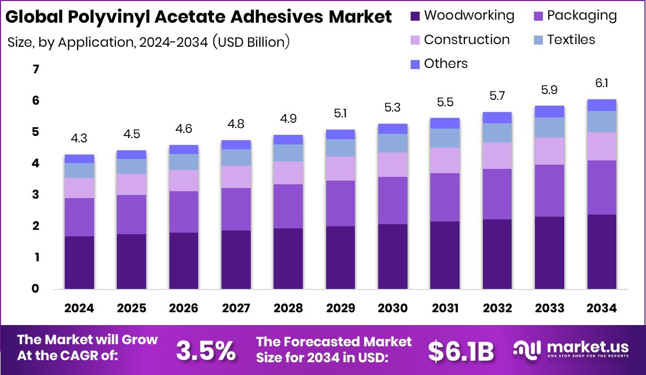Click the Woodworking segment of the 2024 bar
79,262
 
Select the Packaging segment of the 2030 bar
393,200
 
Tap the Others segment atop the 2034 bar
602,105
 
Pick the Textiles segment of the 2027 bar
236,157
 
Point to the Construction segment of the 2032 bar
497,156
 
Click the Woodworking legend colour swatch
415,16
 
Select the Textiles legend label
571,40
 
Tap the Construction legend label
466,40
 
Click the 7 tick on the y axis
36,70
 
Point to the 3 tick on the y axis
36,195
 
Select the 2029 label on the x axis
341,308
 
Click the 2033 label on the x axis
550,308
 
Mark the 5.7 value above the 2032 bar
497,96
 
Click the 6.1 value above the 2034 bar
602,83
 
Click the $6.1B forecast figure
461,351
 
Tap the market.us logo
571,350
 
